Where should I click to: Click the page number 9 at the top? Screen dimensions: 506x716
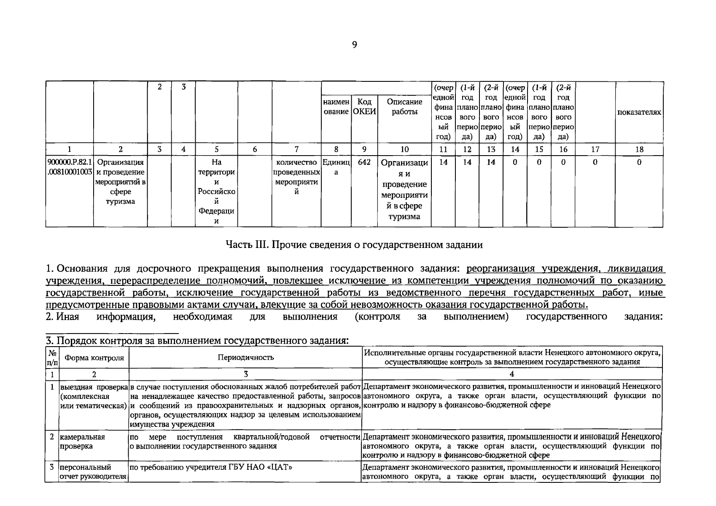[354, 45]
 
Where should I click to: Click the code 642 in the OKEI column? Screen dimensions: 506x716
[364, 162]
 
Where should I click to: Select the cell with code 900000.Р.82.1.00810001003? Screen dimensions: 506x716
[70, 167]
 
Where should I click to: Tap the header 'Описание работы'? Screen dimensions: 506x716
[404, 107]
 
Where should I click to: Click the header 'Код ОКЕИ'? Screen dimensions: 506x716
[364, 107]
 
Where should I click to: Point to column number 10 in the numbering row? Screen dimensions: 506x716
[404, 149]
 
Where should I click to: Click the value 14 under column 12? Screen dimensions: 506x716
[467, 162]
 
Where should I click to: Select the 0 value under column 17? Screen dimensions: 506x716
[595, 162]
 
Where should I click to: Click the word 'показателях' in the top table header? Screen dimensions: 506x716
[639, 112]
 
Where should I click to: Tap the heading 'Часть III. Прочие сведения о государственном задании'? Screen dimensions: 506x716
[354, 245]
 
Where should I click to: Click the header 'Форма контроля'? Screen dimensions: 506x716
[94, 358]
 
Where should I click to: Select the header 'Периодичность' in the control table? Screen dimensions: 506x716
[245, 358]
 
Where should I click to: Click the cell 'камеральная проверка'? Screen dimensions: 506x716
[82, 441]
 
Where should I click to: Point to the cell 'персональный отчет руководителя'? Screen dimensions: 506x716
[93, 472]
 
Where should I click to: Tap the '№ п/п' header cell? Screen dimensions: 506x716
[52, 358]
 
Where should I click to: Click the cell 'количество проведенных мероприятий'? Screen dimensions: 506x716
[296, 177]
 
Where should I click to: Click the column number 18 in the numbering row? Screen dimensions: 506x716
[639, 149]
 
